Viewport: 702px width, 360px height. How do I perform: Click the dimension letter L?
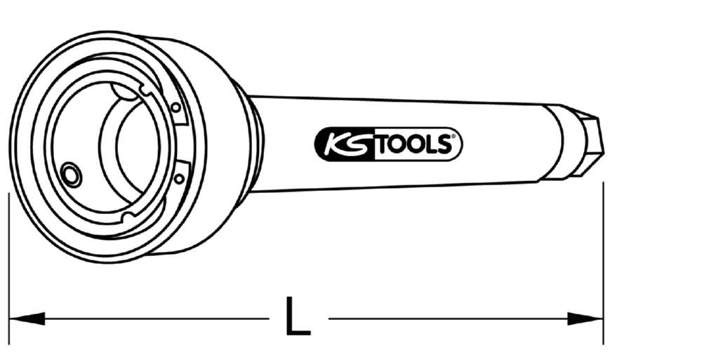pos(298,316)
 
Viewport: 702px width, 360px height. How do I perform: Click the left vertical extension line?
pos(8,267)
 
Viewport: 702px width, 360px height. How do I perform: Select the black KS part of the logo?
pos(344,144)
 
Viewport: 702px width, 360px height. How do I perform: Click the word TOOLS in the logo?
pos(417,145)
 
